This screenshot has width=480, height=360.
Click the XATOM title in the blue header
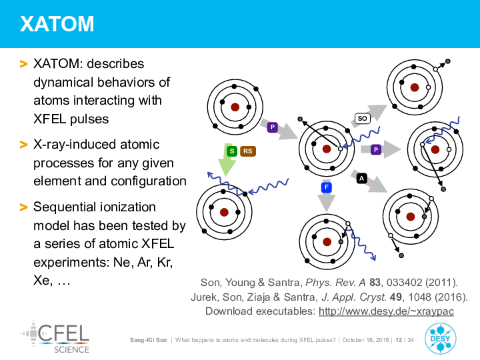coord(57,23)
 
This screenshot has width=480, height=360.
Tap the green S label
coord(232,151)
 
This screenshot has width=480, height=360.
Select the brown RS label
coord(247,151)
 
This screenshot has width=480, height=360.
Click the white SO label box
coord(363,118)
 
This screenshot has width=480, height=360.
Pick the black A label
coord(362,178)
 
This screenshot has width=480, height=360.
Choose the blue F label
coord(327,187)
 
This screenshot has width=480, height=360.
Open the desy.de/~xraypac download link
coord(386,311)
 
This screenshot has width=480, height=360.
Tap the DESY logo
coord(440,339)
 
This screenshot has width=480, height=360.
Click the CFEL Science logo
coord(56,337)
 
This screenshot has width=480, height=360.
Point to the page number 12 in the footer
coord(399,340)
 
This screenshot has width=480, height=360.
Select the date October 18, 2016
coord(365,340)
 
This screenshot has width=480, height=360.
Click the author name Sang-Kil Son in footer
coord(148,340)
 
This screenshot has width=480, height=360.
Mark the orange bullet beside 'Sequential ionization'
coord(23,207)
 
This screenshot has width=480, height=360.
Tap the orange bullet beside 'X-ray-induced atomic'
coord(23,144)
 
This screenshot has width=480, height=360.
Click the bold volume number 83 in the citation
coord(375,282)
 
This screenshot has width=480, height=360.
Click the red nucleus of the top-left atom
coord(235,107)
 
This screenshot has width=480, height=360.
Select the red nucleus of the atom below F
coord(327,242)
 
